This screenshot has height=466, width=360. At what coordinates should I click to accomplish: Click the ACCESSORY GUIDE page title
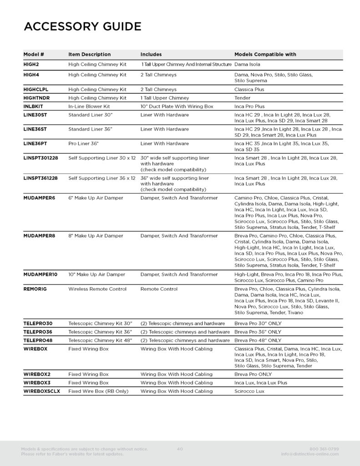(82, 27)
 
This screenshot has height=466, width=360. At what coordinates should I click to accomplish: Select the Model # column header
(34, 55)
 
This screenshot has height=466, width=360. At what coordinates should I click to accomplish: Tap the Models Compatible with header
(265, 55)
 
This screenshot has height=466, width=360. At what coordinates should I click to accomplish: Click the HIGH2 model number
(31, 65)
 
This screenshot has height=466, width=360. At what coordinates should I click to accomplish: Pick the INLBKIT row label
(33, 106)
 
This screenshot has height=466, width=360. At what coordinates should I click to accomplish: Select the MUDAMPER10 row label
(41, 274)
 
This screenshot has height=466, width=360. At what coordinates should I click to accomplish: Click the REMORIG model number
(35, 289)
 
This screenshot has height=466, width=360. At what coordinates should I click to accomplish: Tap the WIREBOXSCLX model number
(42, 391)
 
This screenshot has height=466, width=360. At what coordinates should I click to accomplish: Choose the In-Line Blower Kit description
(89, 106)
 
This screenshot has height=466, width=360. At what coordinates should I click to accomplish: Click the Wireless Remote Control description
(97, 289)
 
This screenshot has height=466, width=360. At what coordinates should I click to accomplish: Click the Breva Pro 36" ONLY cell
(258, 332)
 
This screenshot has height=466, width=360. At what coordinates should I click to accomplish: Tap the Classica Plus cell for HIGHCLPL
(249, 90)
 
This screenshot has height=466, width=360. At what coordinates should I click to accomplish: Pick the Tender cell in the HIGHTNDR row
(242, 98)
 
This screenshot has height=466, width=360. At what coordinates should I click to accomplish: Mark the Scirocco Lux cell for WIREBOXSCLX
(249, 391)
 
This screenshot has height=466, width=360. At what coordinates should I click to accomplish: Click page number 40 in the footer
(180, 449)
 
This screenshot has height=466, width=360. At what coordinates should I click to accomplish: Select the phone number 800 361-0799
(324, 449)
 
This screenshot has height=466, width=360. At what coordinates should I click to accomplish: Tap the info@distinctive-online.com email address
(310, 454)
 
